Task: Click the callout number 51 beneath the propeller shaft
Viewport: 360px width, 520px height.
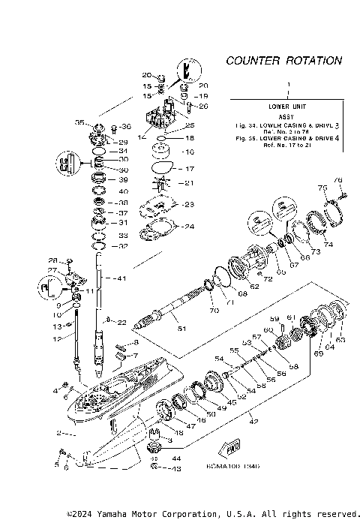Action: [x=179, y=328]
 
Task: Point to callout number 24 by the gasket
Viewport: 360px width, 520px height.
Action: [x=189, y=227]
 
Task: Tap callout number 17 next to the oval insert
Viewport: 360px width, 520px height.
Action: [x=190, y=169]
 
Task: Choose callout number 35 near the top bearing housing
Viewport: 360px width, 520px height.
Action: [x=79, y=122]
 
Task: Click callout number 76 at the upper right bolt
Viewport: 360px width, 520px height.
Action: [x=337, y=180]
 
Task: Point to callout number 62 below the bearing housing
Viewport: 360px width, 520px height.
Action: [x=254, y=285]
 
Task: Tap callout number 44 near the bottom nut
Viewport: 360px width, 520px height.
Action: [x=176, y=458]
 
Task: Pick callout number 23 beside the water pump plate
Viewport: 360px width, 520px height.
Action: [x=189, y=204]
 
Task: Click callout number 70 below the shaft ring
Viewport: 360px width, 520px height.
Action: [x=214, y=310]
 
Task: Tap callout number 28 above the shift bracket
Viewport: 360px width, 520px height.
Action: [x=53, y=260]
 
